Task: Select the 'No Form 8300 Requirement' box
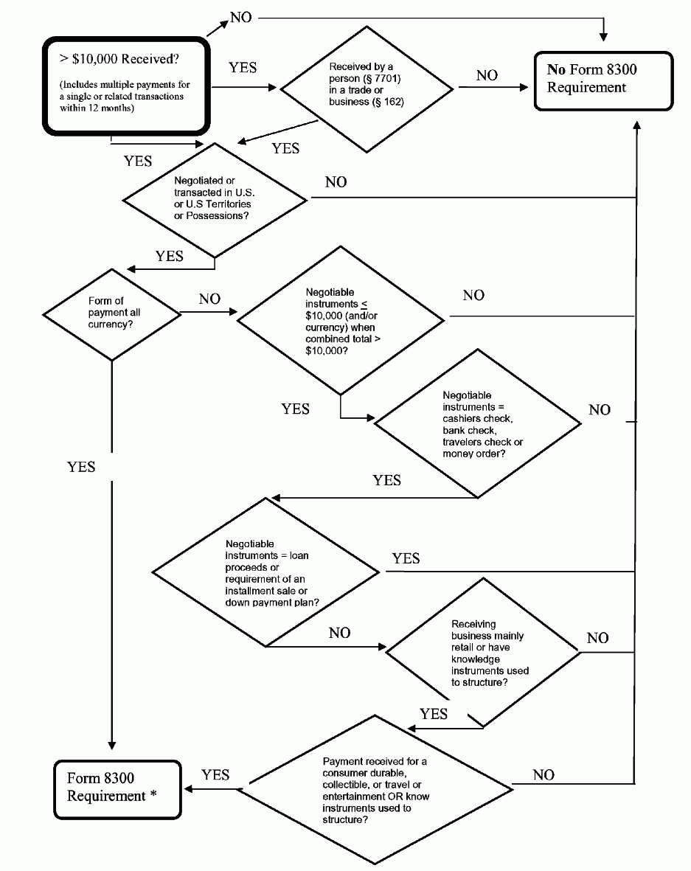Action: point(603,80)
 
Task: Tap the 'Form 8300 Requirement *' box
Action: point(118,788)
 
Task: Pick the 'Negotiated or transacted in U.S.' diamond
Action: point(215,198)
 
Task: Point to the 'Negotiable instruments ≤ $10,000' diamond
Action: point(340,319)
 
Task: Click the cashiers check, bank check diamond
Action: point(478,424)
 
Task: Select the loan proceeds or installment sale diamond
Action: point(265,572)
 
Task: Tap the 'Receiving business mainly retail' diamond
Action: point(484,652)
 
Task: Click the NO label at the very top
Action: point(241,16)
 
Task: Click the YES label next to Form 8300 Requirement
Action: point(215,774)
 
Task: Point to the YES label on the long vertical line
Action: point(81,467)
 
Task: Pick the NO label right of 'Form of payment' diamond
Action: point(209,299)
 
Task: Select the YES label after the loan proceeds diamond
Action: point(406,558)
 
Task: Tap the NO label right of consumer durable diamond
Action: point(544,774)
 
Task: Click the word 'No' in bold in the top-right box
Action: point(556,70)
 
